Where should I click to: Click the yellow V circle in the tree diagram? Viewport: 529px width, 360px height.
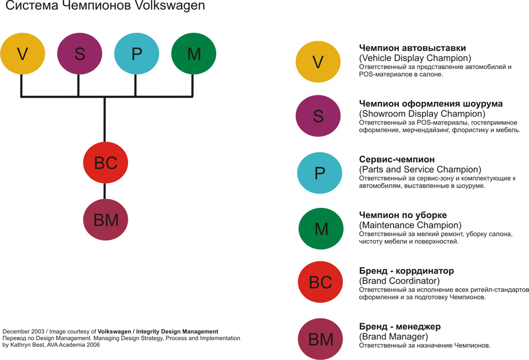tap(22, 53)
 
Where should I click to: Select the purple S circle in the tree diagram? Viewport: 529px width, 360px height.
tap(79, 53)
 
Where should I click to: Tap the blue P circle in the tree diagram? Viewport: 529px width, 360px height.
tap(136, 53)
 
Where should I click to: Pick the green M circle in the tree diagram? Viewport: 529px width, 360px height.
tap(194, 53)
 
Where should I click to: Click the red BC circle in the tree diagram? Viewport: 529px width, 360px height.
tap(105, 163)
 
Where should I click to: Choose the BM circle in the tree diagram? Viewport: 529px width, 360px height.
tap(105, 220)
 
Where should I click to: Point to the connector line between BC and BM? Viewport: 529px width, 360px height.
tap(105, 191)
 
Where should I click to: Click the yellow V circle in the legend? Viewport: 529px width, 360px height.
tap(318, 62)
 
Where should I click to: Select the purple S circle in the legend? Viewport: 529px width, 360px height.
tap(318, 116)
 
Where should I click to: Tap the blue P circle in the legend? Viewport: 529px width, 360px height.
tap(320, 173)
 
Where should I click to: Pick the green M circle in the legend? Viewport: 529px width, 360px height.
tap(321, 229)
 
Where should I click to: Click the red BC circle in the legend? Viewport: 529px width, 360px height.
tap(320, 282)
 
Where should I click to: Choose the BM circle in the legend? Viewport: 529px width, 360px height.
tap(321, 339)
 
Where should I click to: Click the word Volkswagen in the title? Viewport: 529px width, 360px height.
tap(169, 7)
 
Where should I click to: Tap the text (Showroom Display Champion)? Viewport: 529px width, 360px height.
tap(422, 114)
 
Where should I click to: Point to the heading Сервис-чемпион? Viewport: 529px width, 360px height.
tap(397, 159)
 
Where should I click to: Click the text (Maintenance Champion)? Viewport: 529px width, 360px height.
tap(411, 225)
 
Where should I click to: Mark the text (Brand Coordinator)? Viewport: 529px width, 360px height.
tap(399, 281)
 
